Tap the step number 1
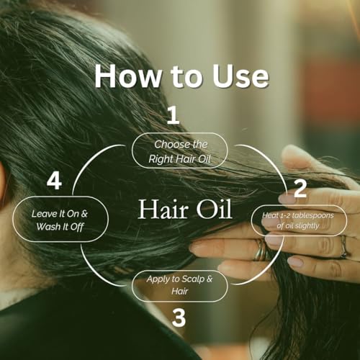pos(173,115)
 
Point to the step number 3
pos(179,317)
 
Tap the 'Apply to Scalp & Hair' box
pos(180,286)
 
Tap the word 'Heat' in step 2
pos(269,215)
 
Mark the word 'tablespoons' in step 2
pos(311,215)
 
